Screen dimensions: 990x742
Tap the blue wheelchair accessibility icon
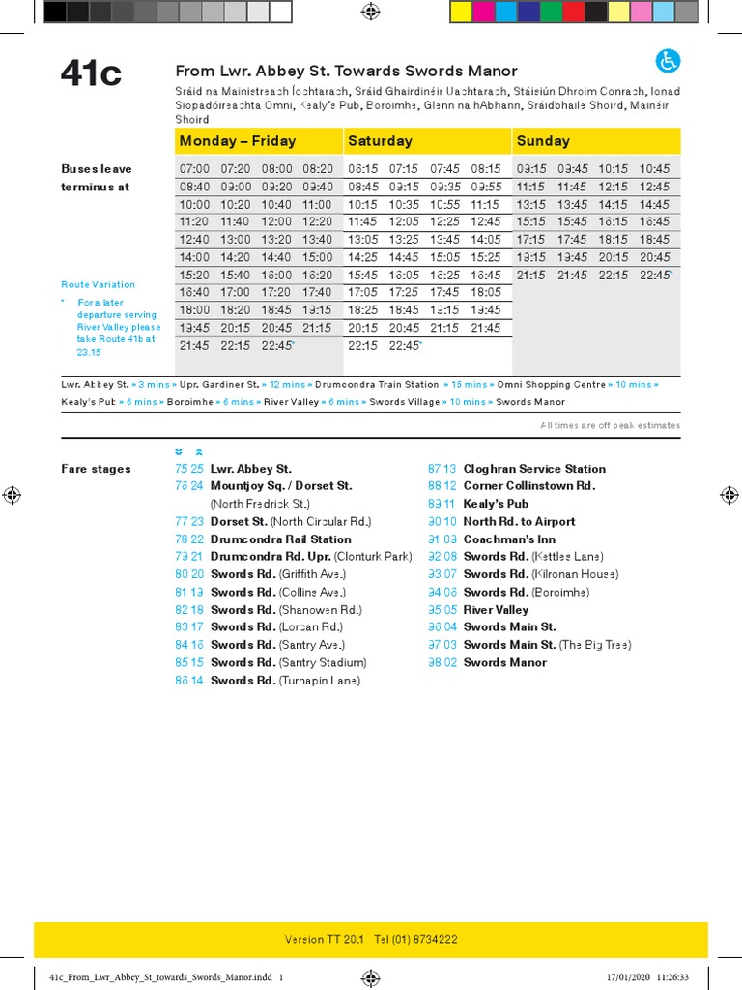(x=668, y=61)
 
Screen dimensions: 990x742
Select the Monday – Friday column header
(x=224, y=141)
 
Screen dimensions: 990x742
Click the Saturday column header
(x=380, y=141)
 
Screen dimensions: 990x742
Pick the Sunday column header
(x=543, y=141)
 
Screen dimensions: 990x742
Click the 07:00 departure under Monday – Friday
(x=194, y=169)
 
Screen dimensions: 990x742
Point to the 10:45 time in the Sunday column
(x=654, y=169)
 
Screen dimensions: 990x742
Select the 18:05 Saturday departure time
(x=486, y=292)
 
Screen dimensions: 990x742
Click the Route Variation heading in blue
(x=98, y=285)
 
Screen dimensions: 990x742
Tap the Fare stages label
(x=96, y=469)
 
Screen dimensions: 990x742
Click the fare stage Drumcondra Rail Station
(x=280, y=539)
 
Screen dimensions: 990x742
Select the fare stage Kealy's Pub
(x=496, y=504)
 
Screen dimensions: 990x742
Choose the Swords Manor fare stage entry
(x=504, y=662)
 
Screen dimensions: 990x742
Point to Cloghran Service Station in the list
(x=534, y=469)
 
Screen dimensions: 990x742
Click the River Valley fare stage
(x=496, y=610)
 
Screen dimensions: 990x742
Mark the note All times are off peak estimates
(x=610, y=425)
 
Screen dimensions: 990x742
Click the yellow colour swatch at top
(x=462, y=12)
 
